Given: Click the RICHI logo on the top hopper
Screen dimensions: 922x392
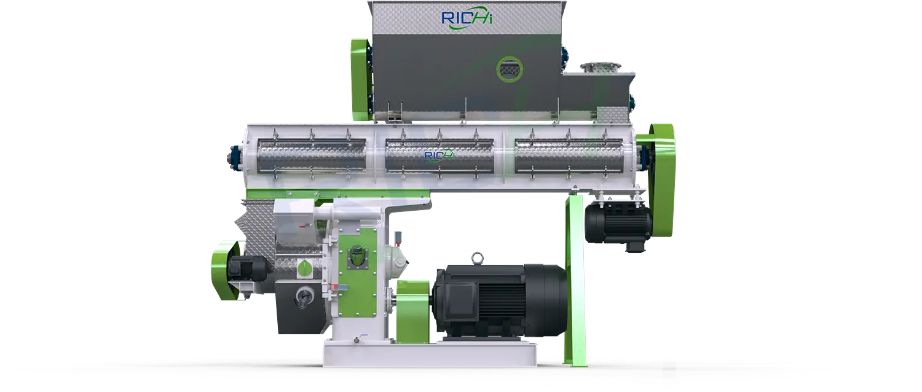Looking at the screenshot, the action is click(x=467, y=19).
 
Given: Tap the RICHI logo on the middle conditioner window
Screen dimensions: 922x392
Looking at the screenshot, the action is click(x=439, y=155).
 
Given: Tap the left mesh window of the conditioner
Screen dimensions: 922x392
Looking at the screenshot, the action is click(x=311, y=155).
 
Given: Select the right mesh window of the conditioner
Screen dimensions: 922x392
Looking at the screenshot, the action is click(x=569, y=155).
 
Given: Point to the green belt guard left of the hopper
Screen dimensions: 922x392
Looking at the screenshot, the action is click(x=361, y=80).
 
